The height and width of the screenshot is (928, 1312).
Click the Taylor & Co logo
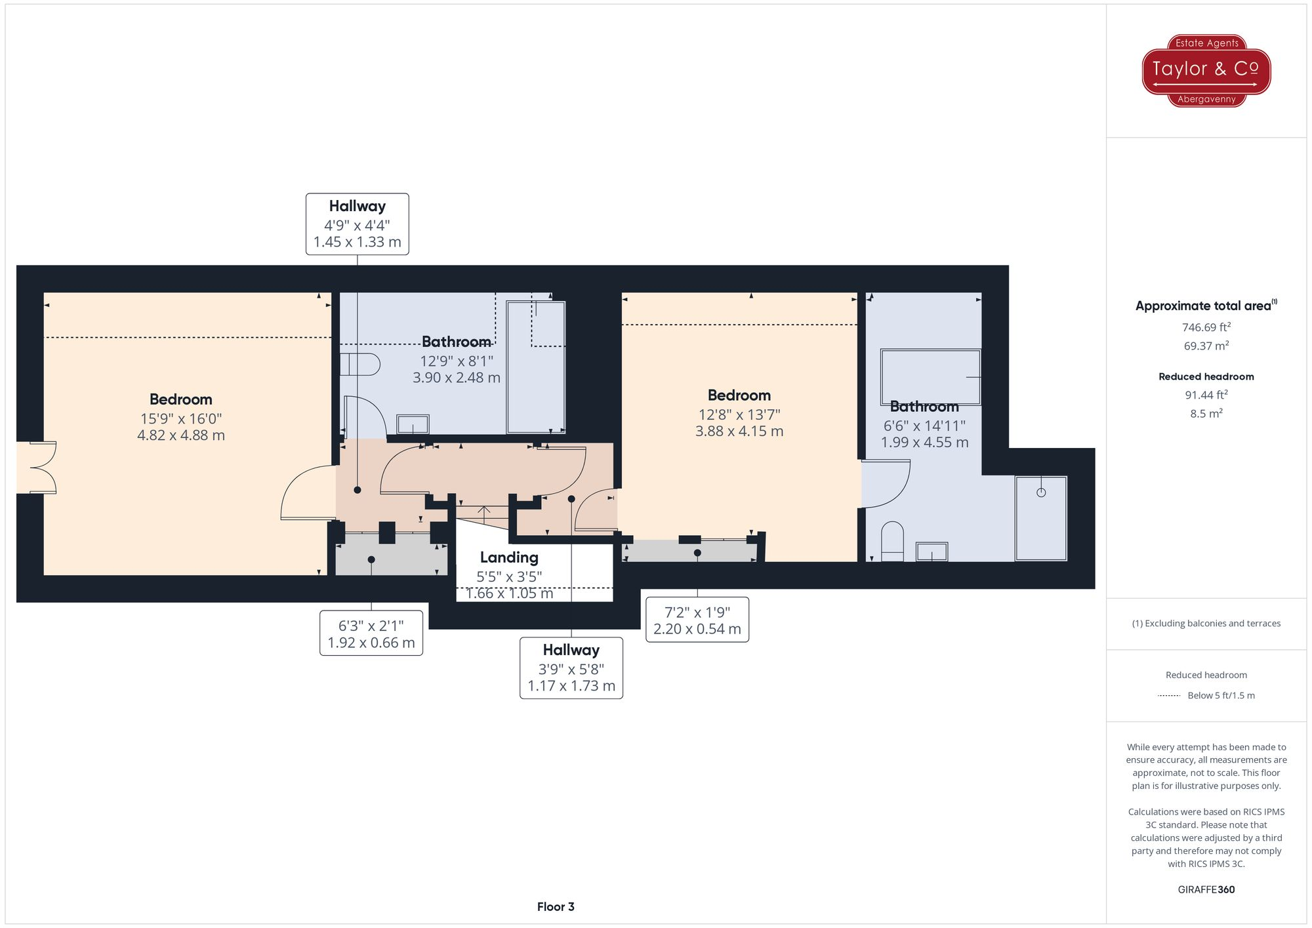point(1206,71)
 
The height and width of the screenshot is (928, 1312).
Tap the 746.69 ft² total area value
point(1206,327)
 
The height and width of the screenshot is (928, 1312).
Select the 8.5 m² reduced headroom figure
point(1206,414)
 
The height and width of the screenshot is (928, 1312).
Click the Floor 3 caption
point(556,906)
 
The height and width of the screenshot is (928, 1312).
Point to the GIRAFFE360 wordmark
point(1206,889)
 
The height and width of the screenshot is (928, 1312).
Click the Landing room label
point(509,557)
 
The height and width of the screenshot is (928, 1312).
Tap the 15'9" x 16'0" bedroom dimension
point(181,418)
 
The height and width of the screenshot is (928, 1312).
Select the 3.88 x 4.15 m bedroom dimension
point(739,432)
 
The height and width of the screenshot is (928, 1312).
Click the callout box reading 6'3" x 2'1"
point(371,633)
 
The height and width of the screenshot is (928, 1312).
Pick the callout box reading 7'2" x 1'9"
point(697,620)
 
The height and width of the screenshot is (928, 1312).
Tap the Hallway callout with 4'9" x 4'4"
point(358,224)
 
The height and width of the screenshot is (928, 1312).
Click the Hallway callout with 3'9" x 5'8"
point(571,668)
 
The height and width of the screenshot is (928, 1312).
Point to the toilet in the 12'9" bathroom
point(359,365)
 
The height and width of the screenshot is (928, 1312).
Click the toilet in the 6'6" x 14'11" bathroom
point(892,541)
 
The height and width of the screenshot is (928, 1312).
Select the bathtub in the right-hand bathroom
point(930,377)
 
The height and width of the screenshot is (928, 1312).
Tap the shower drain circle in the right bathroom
point(1041,493)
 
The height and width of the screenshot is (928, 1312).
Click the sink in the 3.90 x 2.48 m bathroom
point(413,424)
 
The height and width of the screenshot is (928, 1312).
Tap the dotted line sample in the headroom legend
point(1169,696)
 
